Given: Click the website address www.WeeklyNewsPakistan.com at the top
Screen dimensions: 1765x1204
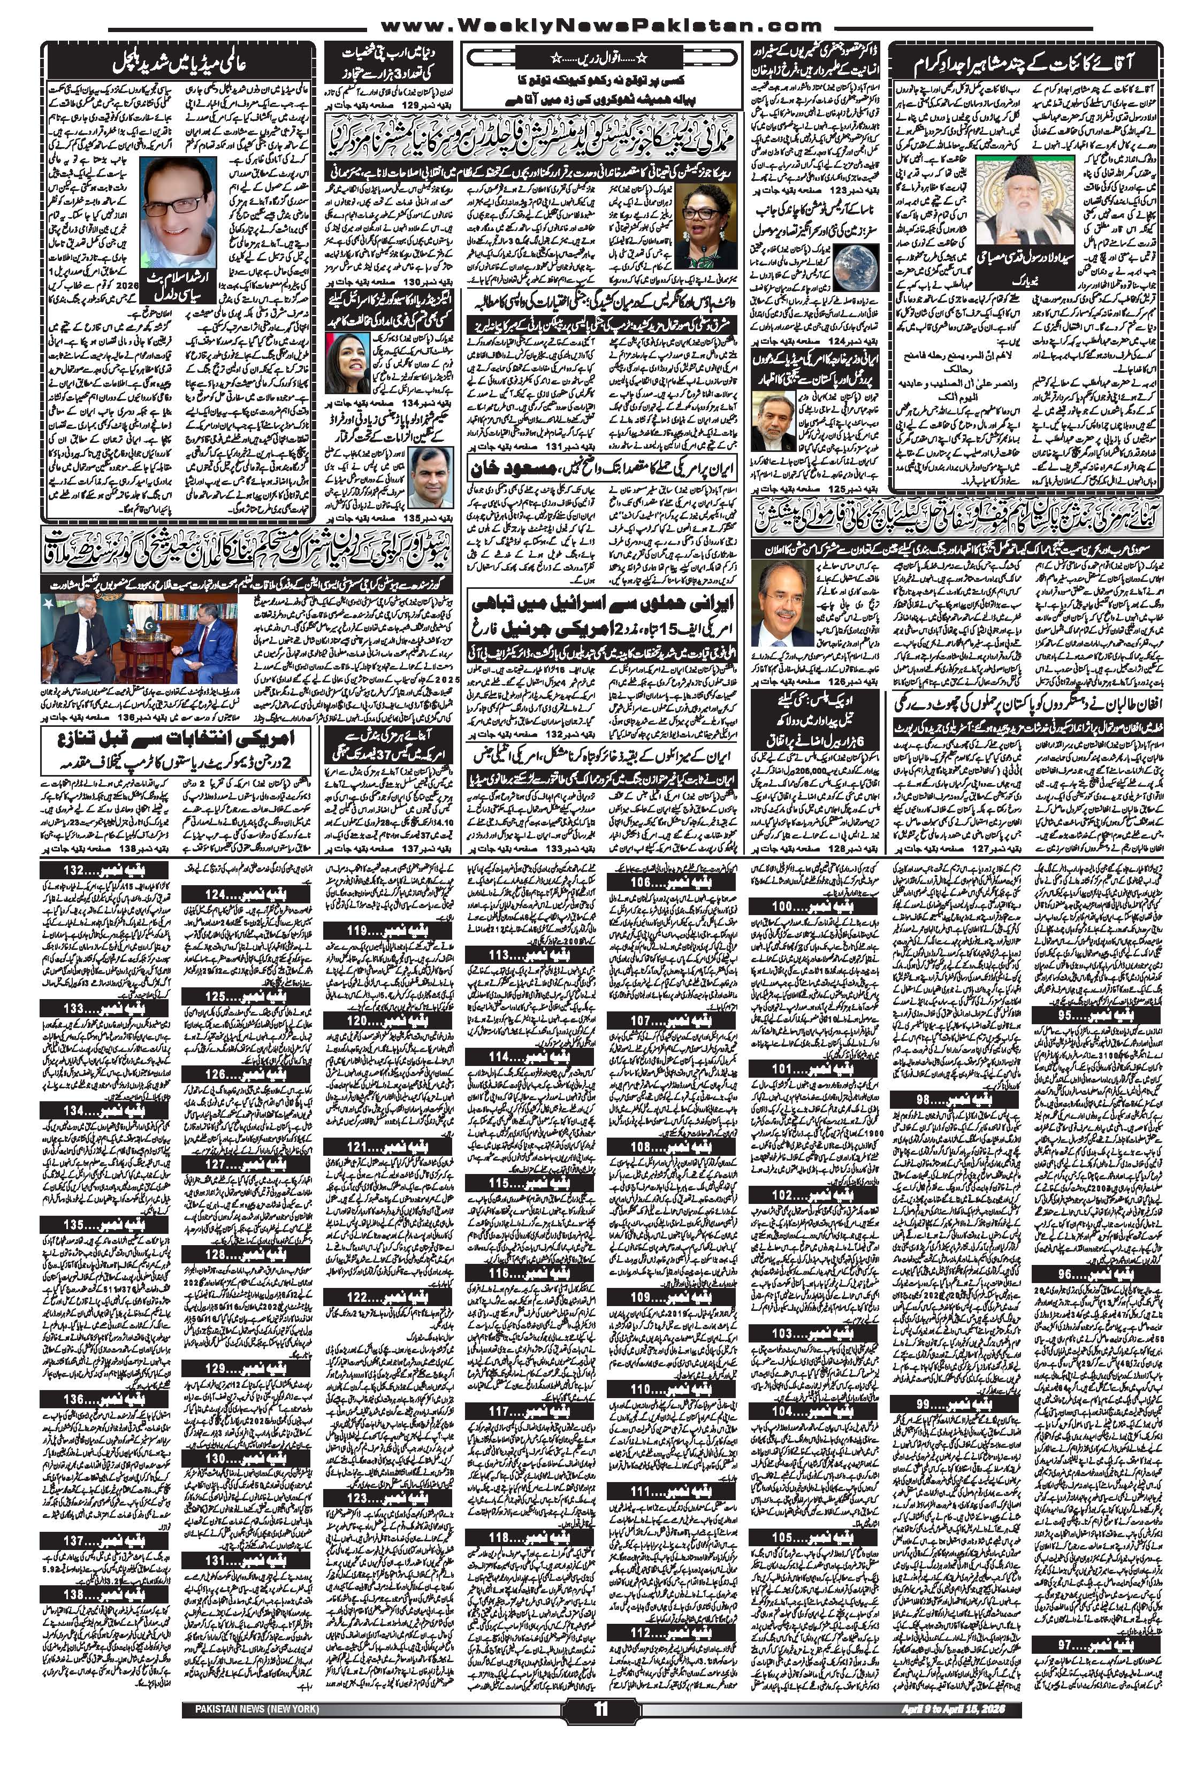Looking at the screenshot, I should [601, 25].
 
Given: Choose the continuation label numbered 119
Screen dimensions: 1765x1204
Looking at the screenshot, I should [387, 931].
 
